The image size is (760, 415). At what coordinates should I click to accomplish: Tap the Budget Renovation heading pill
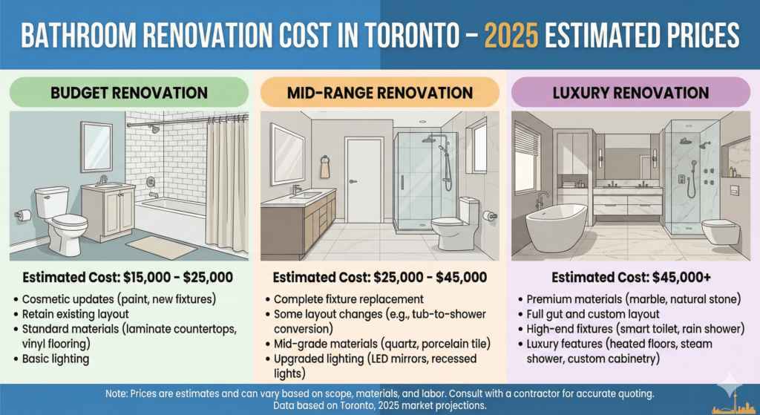[x=128, y=94]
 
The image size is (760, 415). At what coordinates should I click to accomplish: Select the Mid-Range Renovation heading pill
[x=379, y=94]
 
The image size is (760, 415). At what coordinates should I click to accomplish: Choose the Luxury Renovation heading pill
[x=631, y=94]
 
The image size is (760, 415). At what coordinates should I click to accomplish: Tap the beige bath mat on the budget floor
[x=161, y=247]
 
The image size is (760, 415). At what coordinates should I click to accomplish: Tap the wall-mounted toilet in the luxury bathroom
[x=720, y=232]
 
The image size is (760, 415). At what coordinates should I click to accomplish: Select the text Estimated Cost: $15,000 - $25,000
[x=128, y=278]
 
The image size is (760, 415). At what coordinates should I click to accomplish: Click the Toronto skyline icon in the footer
[x=731, y=403]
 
